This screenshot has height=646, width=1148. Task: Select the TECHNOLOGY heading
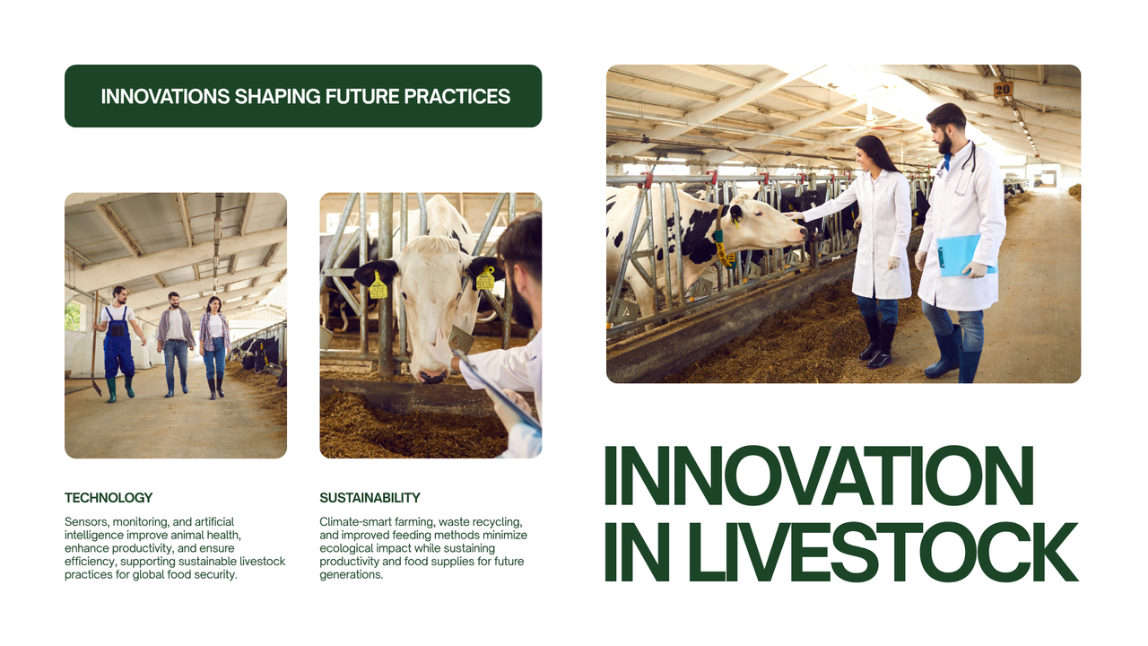coord(109,497)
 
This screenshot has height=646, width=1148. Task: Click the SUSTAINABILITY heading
coord(370,497)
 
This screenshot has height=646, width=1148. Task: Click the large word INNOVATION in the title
coord(819,476)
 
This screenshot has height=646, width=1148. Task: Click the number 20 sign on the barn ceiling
coord(1003,89)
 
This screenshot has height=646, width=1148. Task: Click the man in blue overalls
coord(117,341)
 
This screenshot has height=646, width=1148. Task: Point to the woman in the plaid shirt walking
coord(214,345)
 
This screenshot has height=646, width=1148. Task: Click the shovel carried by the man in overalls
coord(95,359)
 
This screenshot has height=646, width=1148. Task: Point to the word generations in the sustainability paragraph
coord(351,574)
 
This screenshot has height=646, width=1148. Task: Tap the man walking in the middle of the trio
coord(175,341)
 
